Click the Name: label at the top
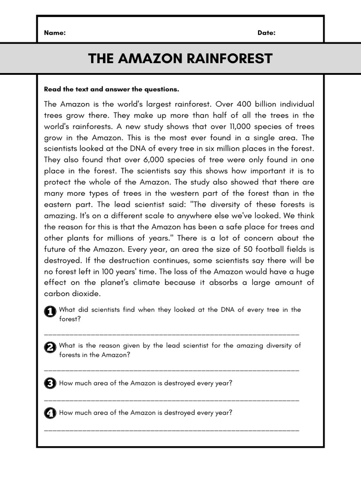(x=55, y=33)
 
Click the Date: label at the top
(x=266, y=33)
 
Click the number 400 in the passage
(x=244, y=104)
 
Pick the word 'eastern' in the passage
(x=59, y=205)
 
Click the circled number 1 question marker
(x=50, y=312)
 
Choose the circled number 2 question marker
(x=50, y=347)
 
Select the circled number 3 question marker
(x=50, y=384)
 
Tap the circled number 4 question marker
(x=50, y=413)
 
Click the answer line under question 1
(x=172, y=334)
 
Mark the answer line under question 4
(x=172, y=430)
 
